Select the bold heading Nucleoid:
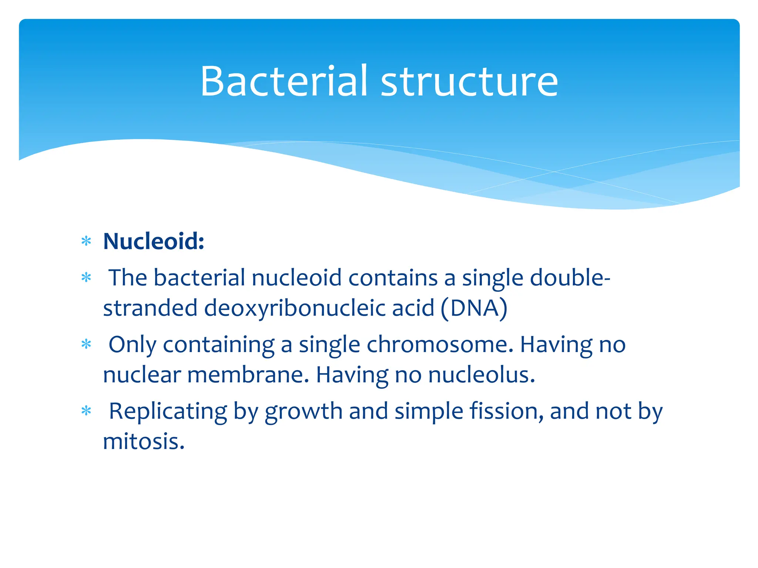tap(154, 241)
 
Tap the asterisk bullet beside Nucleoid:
tap(86, 242)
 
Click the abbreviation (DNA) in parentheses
tap(474, 308)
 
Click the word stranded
tap(150, 308)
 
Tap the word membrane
tap(248, 375)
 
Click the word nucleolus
tap(482, 375)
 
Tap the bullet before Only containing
tap(86, 345)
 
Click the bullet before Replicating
tap(86, 411)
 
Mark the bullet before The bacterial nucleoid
tap(86, 278)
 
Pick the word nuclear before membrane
tap(142, 375)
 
